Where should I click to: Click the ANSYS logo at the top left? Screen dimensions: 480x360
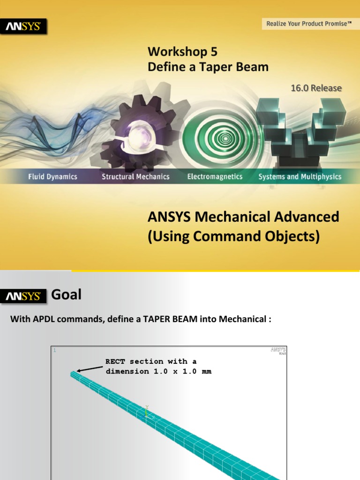click(26, 27)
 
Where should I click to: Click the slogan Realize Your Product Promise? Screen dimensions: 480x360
click(309, 23)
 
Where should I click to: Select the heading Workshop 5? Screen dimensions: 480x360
click(182, 51)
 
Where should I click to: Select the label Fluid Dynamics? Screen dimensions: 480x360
click(52, 177)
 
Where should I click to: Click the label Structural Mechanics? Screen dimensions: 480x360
click(135, 177)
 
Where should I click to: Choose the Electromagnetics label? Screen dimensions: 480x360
click(215, 177)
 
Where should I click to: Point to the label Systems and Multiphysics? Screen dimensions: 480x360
click(300, 177)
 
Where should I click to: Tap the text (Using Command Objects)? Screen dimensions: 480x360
click(233, 237)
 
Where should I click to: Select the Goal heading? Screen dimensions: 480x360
click(66, 294)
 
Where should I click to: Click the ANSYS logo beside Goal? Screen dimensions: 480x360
click(26, 296)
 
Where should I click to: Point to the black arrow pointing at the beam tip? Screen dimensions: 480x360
click(90, 368)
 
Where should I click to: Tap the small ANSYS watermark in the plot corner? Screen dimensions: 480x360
click(278, 350)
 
